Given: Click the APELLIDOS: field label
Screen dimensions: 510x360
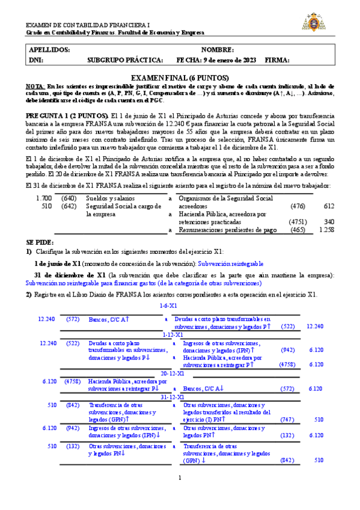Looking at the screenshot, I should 49,49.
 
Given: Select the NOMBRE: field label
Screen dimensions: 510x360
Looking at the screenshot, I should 218,49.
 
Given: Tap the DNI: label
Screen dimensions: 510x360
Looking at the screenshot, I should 36,60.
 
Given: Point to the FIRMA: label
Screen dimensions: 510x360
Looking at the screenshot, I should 277,60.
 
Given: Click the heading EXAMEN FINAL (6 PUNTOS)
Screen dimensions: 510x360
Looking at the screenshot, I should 180,78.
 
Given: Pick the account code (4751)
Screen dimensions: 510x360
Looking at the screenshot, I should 298,221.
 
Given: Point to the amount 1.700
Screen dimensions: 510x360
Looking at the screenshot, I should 44,198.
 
